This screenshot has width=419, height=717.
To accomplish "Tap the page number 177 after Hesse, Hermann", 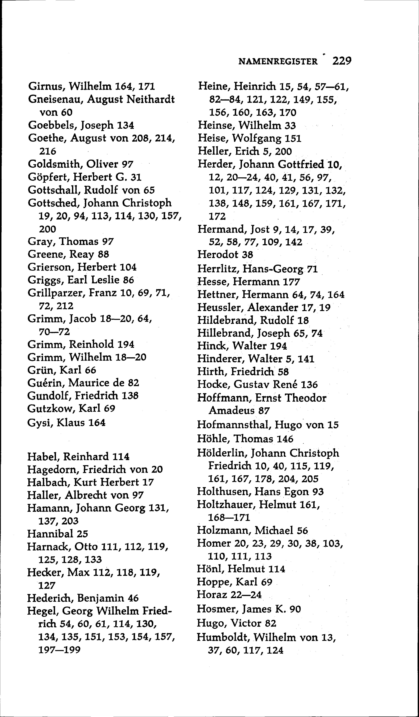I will pyautogui.click(x=291, y=282).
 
